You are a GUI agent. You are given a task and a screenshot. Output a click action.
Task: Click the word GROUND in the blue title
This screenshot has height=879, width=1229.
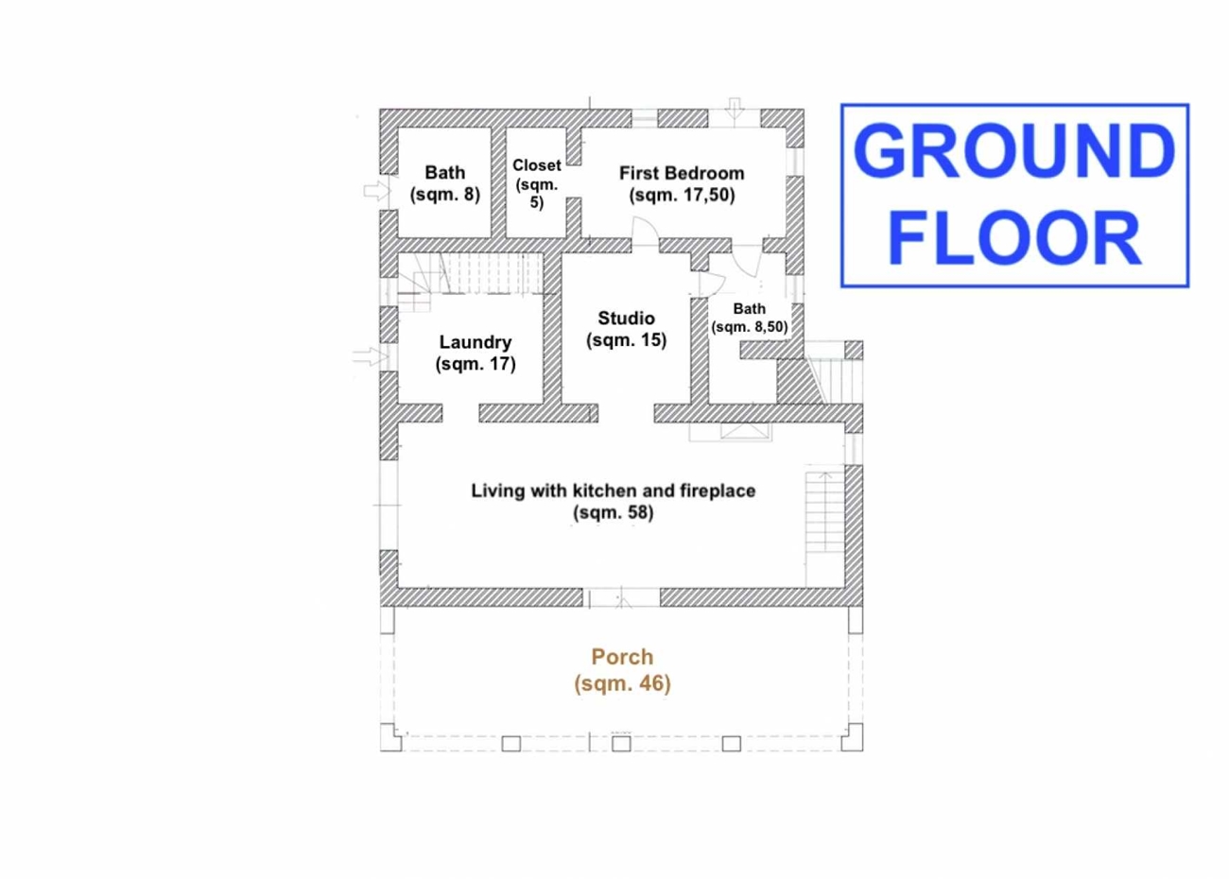coord(1014,151)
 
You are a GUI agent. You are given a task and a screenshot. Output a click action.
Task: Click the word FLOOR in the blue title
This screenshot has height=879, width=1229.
coord(1014,238)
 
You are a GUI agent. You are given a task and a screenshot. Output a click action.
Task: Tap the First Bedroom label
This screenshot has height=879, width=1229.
coord(682,173)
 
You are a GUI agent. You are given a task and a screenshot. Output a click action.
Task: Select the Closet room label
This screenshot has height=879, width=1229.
coord(537,165)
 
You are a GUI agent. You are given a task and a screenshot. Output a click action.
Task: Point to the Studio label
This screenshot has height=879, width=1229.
coord(626,319)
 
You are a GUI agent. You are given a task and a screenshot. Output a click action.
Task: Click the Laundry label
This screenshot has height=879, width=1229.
coord(476,342)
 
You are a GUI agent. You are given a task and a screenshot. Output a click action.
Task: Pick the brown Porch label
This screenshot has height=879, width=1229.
coord(622,657)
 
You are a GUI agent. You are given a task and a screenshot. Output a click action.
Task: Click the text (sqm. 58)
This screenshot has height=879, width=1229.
coord(614,512)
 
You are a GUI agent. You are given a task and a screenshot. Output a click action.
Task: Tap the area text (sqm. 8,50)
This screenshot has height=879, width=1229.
coord(750,327)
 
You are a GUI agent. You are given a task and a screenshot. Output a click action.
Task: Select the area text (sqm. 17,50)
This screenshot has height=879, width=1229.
coord(682,196)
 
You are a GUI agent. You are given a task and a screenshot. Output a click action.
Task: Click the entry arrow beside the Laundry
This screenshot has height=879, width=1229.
coord(371,356)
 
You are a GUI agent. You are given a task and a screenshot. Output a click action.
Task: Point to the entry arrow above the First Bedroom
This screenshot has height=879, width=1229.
coord(735,109)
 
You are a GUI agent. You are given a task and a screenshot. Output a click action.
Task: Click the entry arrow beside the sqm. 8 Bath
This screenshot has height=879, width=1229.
coord(377,192)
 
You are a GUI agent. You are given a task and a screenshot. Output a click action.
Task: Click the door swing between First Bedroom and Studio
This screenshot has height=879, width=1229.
coord(645,229)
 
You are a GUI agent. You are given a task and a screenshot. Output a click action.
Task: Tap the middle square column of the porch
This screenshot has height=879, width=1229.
coord(621,744)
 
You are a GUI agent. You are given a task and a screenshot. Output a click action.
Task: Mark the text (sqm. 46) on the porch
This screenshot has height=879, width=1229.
coord(622,683)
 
